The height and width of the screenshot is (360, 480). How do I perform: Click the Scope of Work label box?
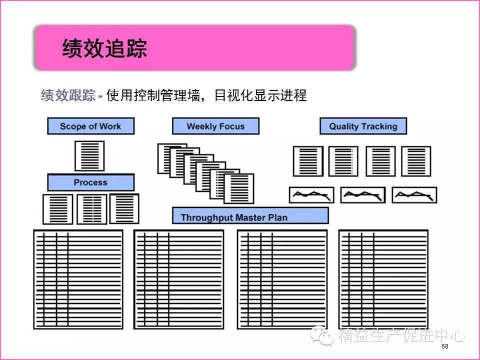tap(90, 126)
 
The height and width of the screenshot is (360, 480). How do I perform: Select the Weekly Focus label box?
tap(215, 126)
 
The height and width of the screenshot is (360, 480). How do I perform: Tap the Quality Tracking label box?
tap(363, 126)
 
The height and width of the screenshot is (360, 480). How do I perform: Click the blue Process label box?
tap(90, 182)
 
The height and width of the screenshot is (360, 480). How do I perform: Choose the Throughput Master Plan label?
tap(250, 216)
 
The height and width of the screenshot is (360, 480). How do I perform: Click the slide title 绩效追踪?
tap(104, 48)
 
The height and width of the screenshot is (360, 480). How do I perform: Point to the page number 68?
tap(445, 346)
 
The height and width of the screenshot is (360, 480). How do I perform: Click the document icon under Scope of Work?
tap(89, 156)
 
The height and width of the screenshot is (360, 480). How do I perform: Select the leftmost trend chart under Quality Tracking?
tap(311, 195)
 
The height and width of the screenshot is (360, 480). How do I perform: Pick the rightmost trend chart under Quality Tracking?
tap(414, 195)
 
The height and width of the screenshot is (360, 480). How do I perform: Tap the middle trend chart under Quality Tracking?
tap(363, 195)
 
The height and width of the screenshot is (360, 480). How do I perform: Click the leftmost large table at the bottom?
tap(78, 279)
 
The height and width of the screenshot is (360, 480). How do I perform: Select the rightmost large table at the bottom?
tap(383, 279)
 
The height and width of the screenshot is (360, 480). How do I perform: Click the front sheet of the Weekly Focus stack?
tap(239, 189)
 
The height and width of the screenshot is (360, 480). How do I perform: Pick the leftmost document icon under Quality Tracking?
tap(308, 161)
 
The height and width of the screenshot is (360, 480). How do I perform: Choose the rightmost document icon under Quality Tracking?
tap(416, 161)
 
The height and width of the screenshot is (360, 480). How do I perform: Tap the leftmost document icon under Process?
tap(58, 209)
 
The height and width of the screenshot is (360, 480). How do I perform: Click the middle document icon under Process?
tap(92, 209)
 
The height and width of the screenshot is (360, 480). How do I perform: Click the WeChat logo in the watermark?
tap(321, 335)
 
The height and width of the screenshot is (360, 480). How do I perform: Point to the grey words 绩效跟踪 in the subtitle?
tap(68, 95)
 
